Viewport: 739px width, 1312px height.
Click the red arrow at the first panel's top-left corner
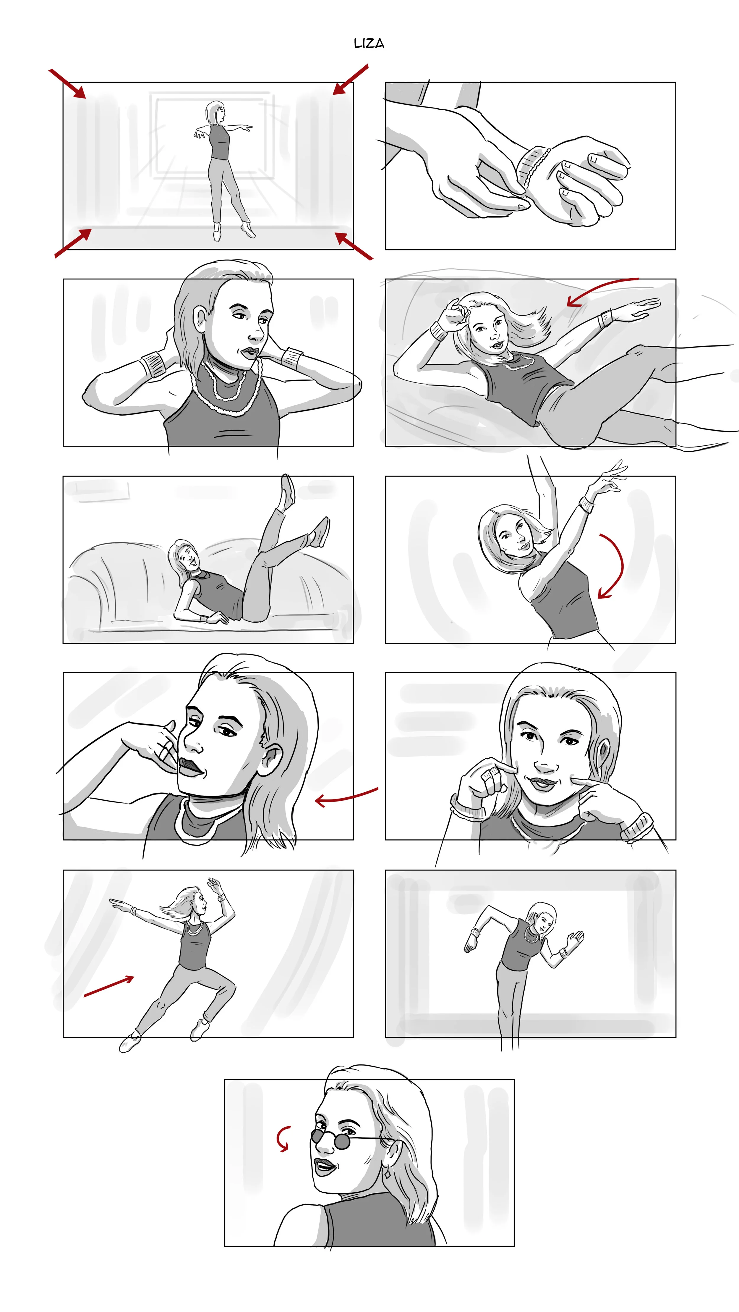point(67,83)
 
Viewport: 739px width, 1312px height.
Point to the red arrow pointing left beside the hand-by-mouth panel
point(346,796)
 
